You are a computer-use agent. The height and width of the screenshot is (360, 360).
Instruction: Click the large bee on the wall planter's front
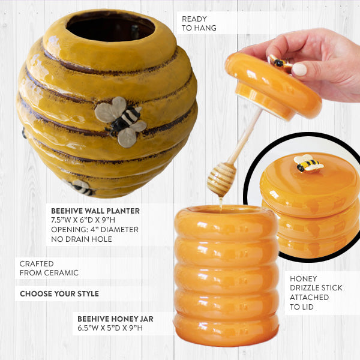click(121, 122)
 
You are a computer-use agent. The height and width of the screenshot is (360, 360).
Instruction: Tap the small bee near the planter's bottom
click(80, 187)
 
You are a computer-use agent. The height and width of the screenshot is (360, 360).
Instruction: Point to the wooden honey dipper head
click(221, 179)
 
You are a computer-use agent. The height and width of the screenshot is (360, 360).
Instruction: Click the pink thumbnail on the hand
click(299, 70)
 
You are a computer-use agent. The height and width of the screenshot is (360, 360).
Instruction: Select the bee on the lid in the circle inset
click(308, 163)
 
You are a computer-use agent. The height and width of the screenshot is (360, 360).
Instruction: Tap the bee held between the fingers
click(280, 63)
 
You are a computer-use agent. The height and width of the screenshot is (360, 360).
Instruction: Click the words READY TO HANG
click(199, 23)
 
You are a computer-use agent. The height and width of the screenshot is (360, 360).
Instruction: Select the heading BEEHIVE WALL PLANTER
click(95, 211)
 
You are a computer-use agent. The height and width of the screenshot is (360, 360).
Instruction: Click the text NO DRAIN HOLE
click(82, 239)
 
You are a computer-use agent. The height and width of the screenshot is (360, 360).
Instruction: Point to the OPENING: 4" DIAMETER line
click(95, 230)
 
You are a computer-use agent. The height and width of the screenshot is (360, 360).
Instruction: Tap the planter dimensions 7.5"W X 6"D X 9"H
click(83, 220)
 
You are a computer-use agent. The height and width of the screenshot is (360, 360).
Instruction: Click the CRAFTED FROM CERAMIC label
click(49, 268)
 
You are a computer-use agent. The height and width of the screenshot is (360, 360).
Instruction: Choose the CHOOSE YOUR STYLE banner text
click(59, 293)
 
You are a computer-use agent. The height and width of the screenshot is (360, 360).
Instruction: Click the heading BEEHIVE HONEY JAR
click(115, 319)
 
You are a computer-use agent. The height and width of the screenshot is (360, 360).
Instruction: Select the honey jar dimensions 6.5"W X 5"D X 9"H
click(110, 328)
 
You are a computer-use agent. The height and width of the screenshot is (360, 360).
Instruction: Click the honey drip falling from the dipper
click(221, 203)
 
